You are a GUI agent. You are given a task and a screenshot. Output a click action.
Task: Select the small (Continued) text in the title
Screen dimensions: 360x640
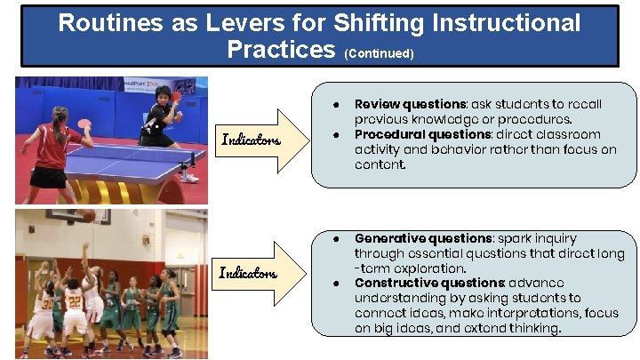click(379, 53)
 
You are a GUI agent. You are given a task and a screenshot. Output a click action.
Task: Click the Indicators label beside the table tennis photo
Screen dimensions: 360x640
click(251, 140)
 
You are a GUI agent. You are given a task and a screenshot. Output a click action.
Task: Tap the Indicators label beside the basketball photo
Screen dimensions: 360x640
click(250, 273)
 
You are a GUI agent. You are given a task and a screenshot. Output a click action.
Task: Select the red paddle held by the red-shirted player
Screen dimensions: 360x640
click(84, 124)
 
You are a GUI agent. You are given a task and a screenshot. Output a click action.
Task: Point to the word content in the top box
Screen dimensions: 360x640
click(380, 165)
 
